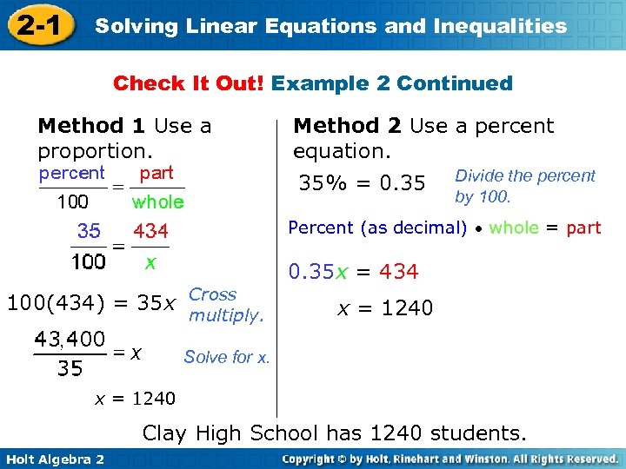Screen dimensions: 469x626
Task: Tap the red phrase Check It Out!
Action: click(x=190, y=83)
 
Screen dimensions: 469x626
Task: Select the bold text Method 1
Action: click(x=91, y=126)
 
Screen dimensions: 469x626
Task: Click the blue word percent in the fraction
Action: click(x=72, y=173)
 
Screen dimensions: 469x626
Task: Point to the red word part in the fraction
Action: click(x=156, y=173)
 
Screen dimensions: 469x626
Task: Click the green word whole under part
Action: click(x=157, y=202)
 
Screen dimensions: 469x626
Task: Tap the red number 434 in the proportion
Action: click(x=150, y=232)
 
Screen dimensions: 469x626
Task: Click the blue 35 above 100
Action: click(x=89, y=232)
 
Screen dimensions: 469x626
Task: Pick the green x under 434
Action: click(x=150, y=261)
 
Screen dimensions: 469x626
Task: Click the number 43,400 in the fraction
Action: click(x=70, y=339)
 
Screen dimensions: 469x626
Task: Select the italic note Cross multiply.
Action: click(x=225, y=305)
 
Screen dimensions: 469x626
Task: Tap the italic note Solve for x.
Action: click(x=227, y=357)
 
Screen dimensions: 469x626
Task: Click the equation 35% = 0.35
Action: click(x=362, y=183)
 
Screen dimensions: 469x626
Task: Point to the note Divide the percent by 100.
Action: click(x=524, y=186)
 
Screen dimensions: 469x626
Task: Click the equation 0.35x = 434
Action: click(x=353, y=272)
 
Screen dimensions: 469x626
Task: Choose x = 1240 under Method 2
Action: click(x=385, y=308)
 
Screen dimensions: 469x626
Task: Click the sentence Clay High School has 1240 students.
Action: click(x=334, y=433)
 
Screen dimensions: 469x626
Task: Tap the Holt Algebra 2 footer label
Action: click(x=54, y=459)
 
